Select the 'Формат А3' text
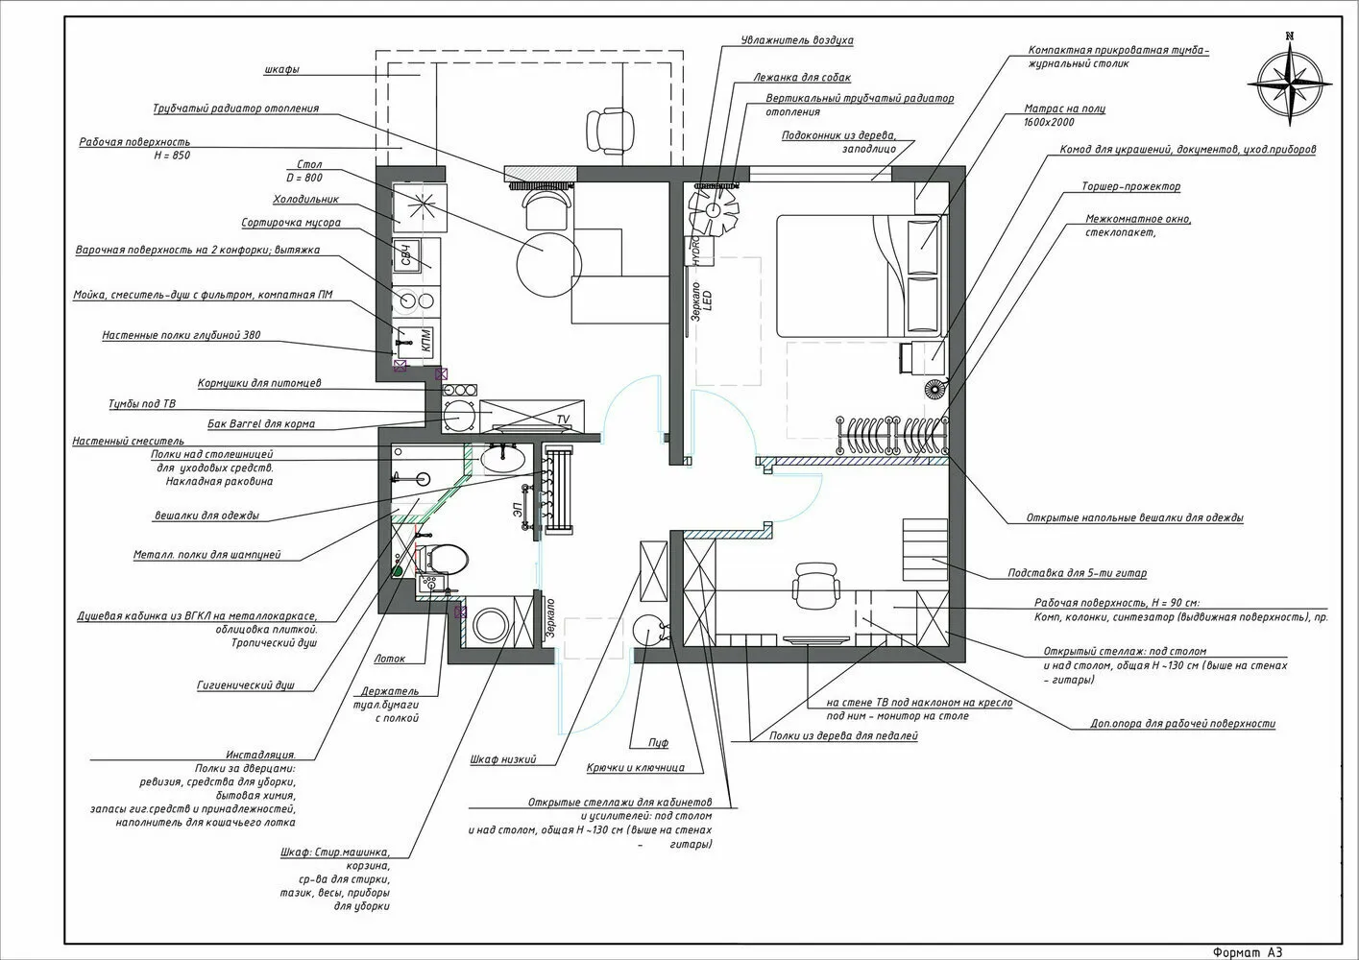(x=1248, y=951)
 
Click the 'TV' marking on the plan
(x=563, y=420)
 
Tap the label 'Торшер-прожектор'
(x=1130, y=186)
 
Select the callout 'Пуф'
(x=658, y=743)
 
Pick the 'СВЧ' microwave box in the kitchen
(x=407, y=255)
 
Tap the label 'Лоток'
(x=390, y=659)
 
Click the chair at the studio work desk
(x=816, y=583)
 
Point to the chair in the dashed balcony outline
(x=612, y=129)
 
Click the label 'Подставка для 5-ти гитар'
(x=1077, y=574)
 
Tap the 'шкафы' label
(x=280, y=70)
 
